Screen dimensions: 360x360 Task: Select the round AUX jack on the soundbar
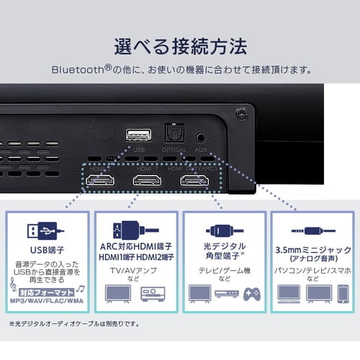tap(202, 136)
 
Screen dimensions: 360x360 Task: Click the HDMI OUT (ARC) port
tap(192, 180)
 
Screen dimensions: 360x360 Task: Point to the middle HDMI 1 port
tap(146, 180)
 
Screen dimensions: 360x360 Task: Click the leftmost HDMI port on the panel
tap(99, 180)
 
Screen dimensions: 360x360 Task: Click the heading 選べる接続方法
tap(179, 47)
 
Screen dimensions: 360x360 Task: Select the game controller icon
tap(251, 294)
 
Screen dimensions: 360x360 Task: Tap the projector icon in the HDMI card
tap(153, 294)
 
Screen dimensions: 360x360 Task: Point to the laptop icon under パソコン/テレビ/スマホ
tap(289, 293)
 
